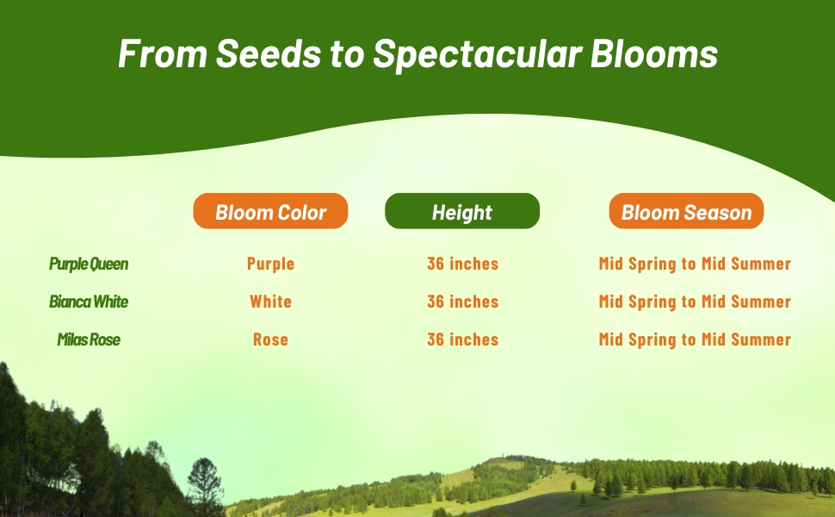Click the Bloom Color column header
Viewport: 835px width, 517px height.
(270, 211)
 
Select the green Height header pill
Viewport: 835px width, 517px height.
(461, 211)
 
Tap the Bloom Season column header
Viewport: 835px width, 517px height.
(686, 211)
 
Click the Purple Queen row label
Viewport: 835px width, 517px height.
(89, 264)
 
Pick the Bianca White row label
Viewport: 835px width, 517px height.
(89, 302)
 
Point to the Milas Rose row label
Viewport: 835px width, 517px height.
(89, 339)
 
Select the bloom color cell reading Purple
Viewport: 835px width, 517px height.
(270, 264)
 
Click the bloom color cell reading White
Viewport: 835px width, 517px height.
(270, 302)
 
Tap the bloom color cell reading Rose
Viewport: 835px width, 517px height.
(270, 339)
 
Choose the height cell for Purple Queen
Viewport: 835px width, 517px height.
(462, 264)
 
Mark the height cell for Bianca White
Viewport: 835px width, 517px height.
(462, 302)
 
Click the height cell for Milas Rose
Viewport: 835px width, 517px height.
(462, 339)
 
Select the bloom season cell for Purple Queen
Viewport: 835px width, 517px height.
(695, 264)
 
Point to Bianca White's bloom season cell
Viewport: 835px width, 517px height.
(695, 302)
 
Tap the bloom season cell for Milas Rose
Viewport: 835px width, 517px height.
(695, 339)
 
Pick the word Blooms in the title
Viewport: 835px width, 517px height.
(654, 54)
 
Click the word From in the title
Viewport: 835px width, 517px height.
(161, 54)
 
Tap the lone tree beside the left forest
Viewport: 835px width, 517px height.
(206, 483)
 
